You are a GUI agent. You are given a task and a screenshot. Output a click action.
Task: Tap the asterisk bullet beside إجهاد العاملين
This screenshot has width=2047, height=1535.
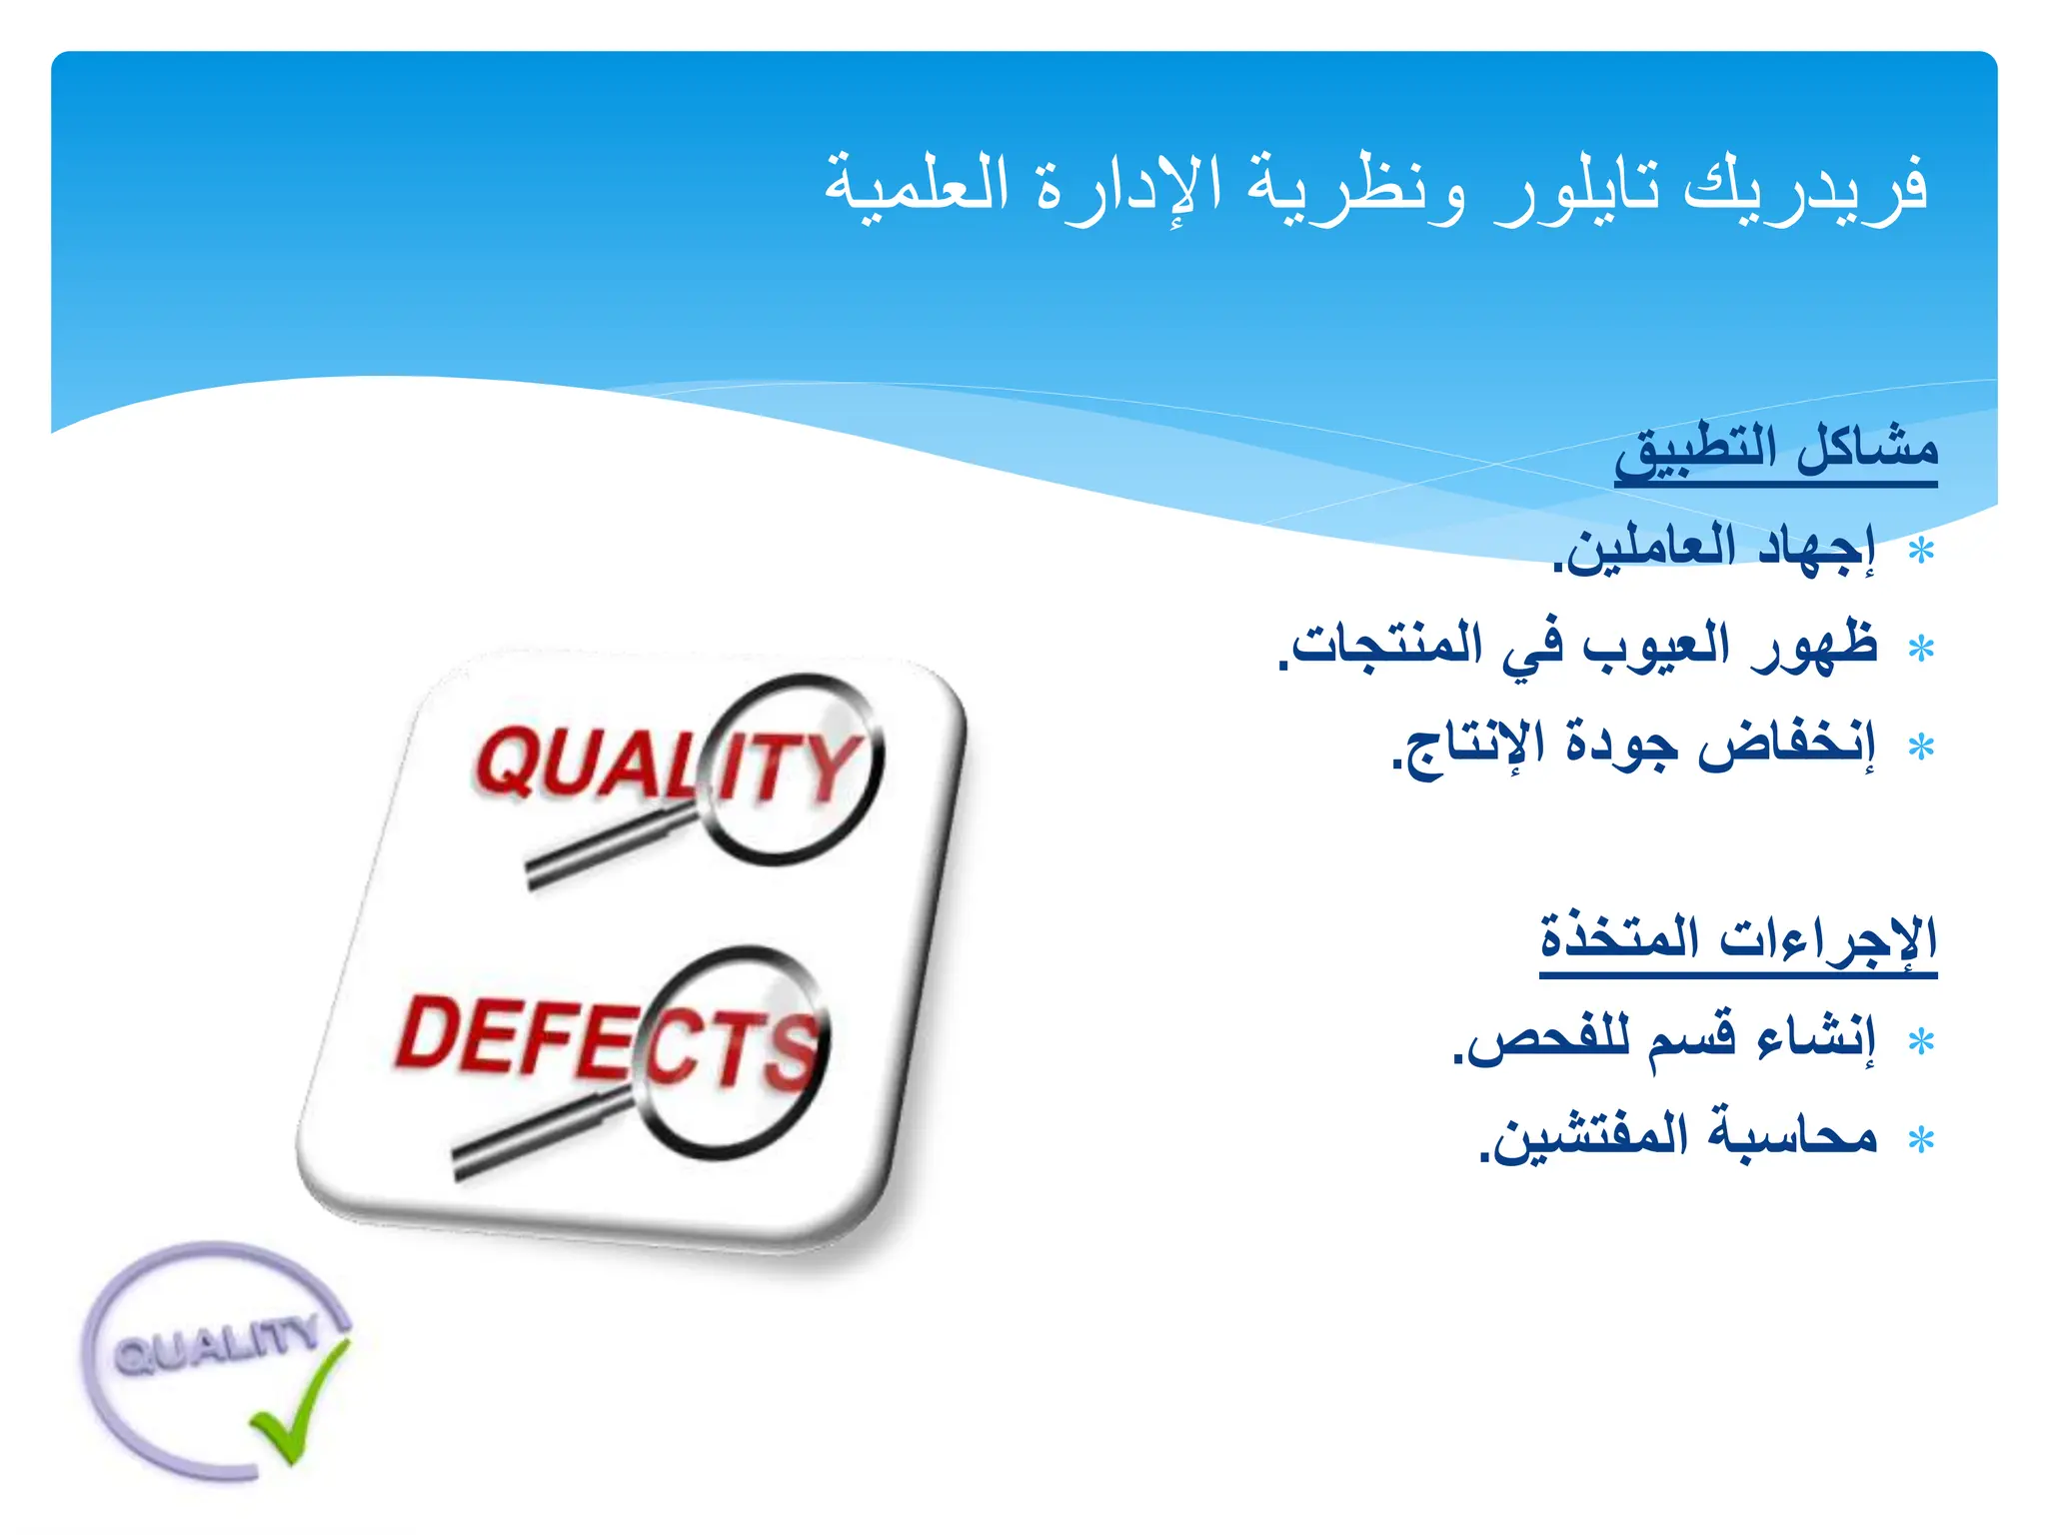point(1920,552)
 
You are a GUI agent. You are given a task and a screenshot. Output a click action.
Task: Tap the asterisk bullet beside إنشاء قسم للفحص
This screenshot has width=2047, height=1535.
point(1920,1042)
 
